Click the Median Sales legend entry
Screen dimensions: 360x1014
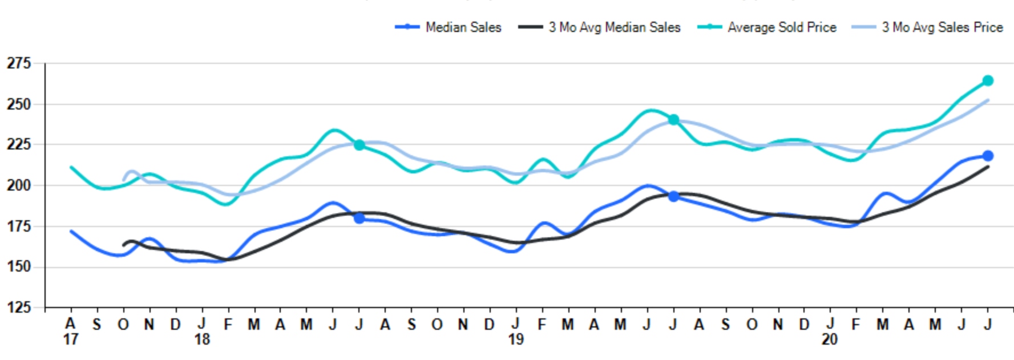(449, 27)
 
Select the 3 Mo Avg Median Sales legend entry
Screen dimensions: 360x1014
(599, 27)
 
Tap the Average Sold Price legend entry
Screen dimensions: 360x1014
(767, 27)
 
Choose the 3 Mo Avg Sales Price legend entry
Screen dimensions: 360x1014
(927, 27)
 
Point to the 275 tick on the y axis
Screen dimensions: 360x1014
(19, 63)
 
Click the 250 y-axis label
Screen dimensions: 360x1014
(19, 104)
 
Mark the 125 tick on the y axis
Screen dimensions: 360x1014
(19, 308)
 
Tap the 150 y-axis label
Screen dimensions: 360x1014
(19, 266)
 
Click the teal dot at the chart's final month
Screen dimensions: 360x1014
(988, 80)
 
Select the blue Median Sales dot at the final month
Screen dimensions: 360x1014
(988, 156)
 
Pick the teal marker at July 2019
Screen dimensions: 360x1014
(673, 120)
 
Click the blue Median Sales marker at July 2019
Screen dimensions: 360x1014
(673, 196)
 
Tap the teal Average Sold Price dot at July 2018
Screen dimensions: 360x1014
(359, 145)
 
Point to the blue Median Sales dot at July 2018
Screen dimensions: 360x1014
(359, 218)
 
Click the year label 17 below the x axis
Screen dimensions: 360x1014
(70, 339)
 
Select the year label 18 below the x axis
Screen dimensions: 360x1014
(201, 339)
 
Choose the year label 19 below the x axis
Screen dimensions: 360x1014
(516, 339)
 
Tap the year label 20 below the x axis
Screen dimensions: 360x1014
(830, 339)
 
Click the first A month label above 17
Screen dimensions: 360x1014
(70, 324)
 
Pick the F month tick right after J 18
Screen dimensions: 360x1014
(228, 324)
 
